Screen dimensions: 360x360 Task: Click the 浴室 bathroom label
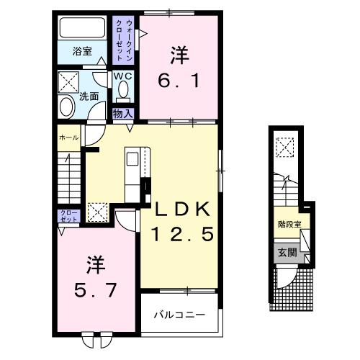82,51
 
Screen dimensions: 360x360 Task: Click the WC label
122,75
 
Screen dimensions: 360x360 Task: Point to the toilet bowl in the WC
122,89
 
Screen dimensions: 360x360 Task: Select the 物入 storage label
122,113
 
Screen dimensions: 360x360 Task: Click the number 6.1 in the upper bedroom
179,81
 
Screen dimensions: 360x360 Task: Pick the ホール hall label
68,137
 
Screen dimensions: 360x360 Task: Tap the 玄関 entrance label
287,251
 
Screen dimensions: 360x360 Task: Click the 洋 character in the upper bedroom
179,55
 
